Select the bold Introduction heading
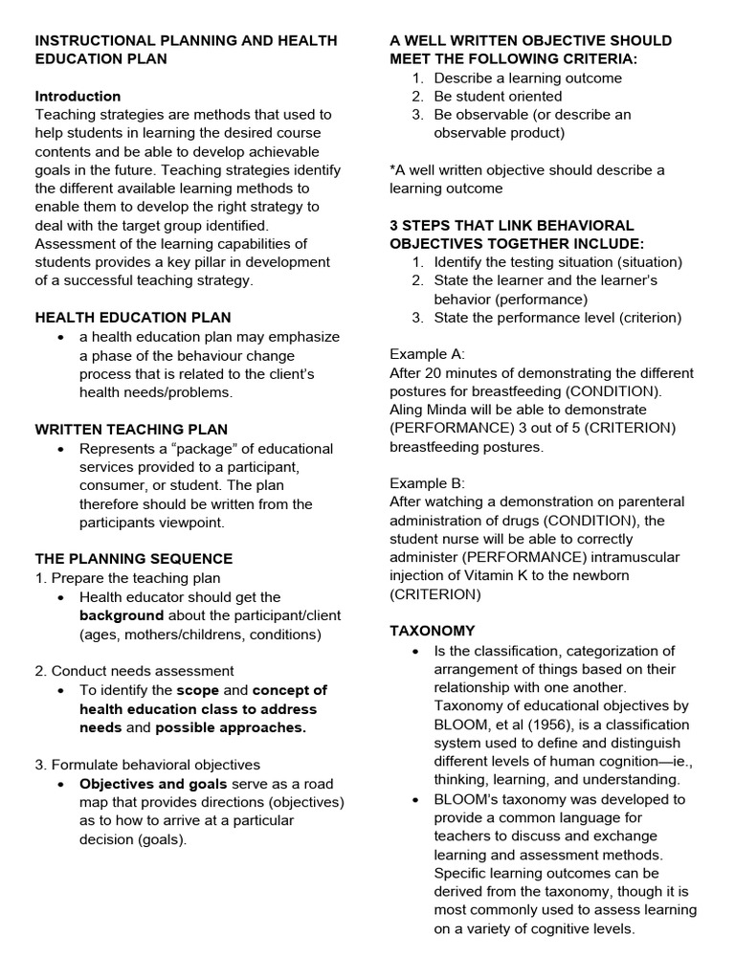pos(78,96)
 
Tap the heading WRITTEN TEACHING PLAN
pos(131,429)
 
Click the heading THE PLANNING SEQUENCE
pos(133,559)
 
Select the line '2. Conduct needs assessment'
pos(134,671)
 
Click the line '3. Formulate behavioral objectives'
pos(147,764)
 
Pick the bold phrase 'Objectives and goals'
pos(152,784)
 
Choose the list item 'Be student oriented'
pos(498,96)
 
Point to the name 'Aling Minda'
pos(429,409)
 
